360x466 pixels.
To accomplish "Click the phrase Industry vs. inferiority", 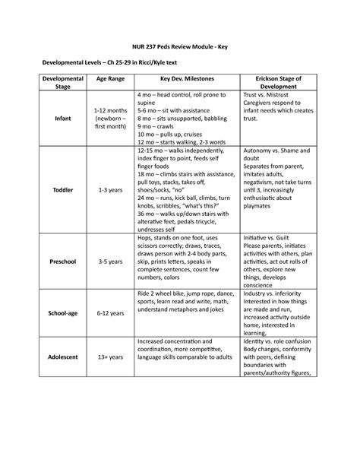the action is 273,292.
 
